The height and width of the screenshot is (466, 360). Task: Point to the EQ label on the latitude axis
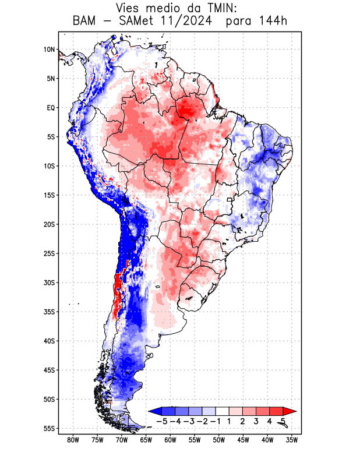51,108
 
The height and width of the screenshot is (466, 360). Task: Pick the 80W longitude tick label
73,440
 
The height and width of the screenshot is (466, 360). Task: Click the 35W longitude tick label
292,440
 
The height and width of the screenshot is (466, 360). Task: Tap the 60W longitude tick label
170,440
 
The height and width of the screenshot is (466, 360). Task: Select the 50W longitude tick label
219,440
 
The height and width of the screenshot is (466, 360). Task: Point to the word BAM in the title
85,22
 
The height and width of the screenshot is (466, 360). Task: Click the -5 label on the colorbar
162,421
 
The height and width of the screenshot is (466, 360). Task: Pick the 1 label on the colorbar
230,421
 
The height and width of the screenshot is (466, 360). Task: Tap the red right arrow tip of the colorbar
293,411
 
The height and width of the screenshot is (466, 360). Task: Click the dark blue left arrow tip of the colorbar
153,411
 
